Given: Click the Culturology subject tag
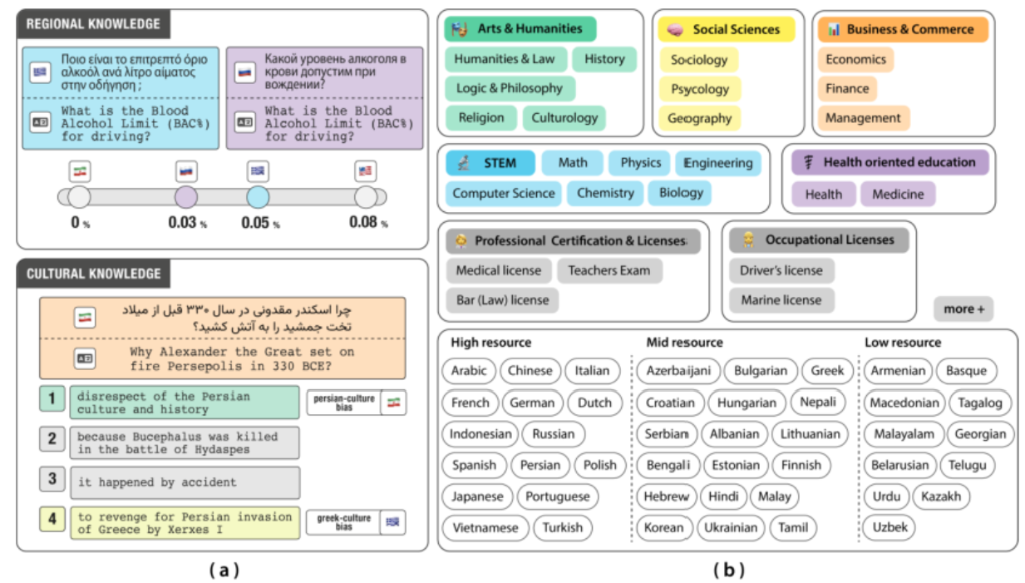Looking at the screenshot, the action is point(564,118).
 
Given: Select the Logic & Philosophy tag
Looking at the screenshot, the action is point(510,88).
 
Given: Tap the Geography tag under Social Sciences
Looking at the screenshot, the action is point(699,119).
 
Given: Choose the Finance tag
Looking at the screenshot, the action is point(847,89).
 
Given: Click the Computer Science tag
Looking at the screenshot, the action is point(503,193).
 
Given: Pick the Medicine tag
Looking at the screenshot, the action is point(898,194).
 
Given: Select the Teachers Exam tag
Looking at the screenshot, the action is point(609,270).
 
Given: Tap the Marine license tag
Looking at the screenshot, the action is point(781,300).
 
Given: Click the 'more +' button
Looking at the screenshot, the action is point(963,309).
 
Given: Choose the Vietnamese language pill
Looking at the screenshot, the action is point(485,527).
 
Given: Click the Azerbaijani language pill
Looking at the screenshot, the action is point(678,371).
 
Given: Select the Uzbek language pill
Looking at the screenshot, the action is point(889,527).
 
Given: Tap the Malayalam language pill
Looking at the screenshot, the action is point(904,434).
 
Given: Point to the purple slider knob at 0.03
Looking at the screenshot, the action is point(186,197).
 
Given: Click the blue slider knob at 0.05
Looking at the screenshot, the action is point(258,197).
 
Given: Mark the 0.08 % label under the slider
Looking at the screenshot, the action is point(368,222).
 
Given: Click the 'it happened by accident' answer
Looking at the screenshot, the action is point(185,482).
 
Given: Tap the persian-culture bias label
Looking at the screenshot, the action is point(344,403).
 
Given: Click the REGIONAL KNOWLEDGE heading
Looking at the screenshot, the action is point(93,24).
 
